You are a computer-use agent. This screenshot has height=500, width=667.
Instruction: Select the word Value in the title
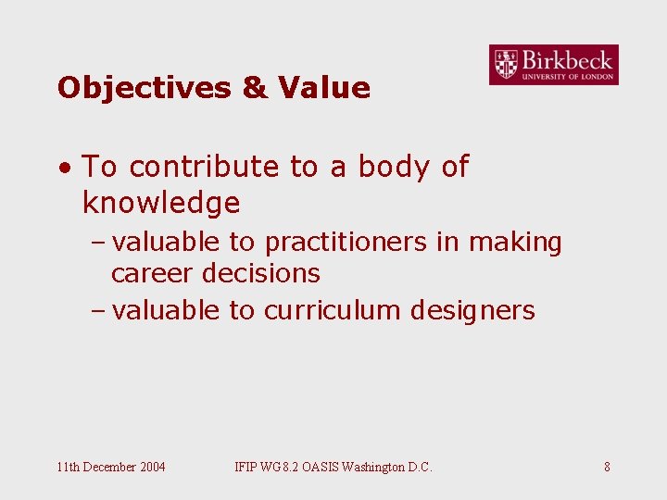323,88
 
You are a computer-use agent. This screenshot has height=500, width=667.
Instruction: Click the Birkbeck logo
554,65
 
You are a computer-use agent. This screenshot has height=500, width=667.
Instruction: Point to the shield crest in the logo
506,64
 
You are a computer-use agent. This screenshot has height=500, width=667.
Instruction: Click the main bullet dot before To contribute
63,169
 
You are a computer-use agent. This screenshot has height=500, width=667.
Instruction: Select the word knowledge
161,203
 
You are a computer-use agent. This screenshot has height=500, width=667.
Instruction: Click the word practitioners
346,243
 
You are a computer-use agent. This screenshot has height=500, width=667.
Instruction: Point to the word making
515,243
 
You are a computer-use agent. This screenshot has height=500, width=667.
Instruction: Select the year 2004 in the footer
151,467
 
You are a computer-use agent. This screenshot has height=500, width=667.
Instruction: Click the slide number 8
607,467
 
